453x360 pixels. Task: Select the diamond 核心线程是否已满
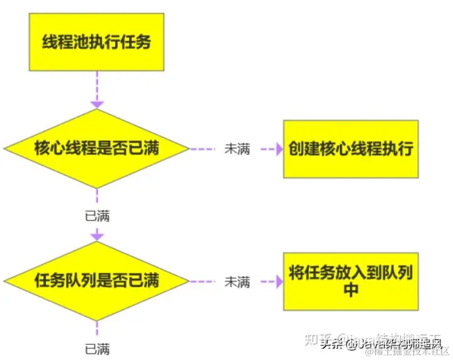pyautogui.click(x=96, y=149)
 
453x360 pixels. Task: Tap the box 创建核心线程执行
pyautogui.click(x=350, y=149)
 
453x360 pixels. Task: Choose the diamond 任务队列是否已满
pyautogui.click(x=96, y=280)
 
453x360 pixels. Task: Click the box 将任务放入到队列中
pyautogui.click(x=350, y=280)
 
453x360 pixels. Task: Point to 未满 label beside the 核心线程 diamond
pyautogui.click(x=237, y=149)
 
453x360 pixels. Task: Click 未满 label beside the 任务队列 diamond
pyautogui.click(x=237, y=281)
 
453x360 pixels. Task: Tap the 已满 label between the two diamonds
pyautogui.click(x=97, y=216)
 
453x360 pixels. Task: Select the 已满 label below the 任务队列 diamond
pyautogui.click(x=97, y=348)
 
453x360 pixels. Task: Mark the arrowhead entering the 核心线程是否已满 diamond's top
pyautogui.click(x=96, y=103)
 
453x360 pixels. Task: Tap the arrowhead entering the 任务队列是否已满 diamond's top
pyautogui.click(x=96, y=235)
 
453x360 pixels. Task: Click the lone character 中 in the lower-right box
pyautogui.click(x=350, y=290)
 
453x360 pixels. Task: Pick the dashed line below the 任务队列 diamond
pyautogui.click(x=96, y=329)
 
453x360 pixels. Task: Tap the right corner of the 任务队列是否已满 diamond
pyautogui.click(x=187, y=281)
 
